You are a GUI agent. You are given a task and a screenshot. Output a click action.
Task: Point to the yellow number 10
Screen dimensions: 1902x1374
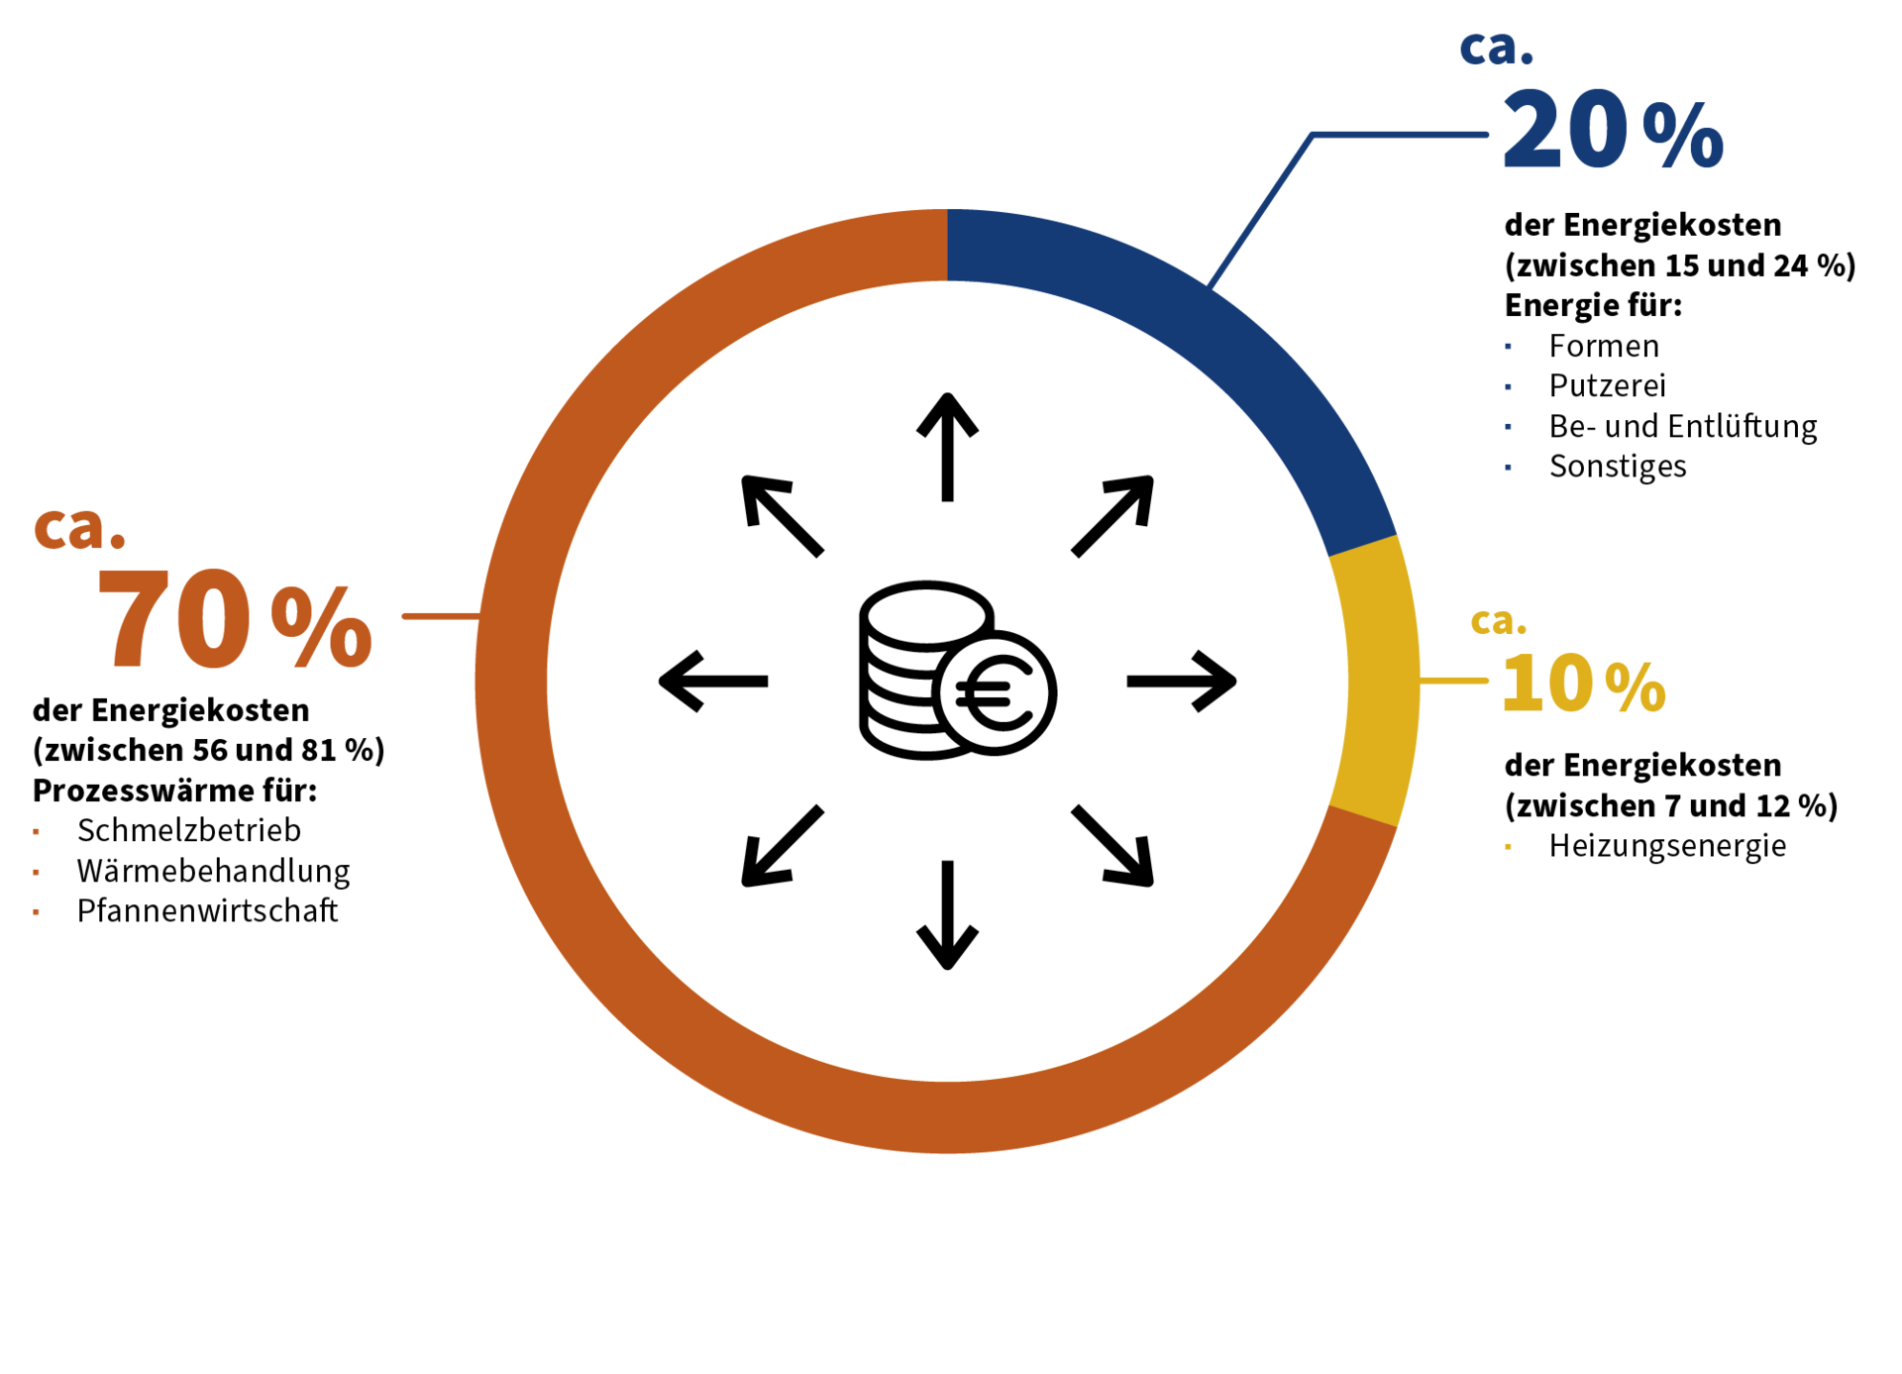pos(1547,683)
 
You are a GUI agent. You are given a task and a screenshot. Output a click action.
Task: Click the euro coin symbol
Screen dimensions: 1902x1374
pos(995,692)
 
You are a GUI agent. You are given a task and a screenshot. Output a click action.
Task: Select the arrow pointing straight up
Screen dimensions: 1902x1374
pos(947,447)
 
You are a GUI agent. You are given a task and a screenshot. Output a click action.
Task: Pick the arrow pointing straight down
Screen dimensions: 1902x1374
pos(947,915)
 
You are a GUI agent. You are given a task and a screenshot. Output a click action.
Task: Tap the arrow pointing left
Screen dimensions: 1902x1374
pos(713,682)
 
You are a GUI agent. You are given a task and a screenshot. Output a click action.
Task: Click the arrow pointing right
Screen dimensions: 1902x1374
pos(1182,682)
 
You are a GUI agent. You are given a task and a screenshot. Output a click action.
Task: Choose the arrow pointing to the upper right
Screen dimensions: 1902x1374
pos(1113,516)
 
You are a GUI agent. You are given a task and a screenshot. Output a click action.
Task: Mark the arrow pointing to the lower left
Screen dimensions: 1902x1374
pos(783,846)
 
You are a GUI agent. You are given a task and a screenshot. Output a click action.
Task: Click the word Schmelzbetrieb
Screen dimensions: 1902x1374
pos(189,830)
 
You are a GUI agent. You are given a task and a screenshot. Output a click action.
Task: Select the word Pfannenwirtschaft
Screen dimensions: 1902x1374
pos(208,910)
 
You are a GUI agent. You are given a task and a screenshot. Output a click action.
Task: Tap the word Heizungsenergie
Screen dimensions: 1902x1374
pos(1668,846)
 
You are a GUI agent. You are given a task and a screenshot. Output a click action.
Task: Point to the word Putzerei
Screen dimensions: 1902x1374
pos(1608,385)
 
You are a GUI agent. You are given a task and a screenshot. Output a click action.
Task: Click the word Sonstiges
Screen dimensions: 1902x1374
pos(1618,466)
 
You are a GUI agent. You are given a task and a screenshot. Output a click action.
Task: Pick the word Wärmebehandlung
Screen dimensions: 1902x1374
pos(214,871)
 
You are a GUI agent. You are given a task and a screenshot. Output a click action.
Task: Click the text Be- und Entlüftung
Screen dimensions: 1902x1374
pos(1683,426)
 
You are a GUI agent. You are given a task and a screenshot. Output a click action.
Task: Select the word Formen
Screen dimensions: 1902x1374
pos(1604,346)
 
